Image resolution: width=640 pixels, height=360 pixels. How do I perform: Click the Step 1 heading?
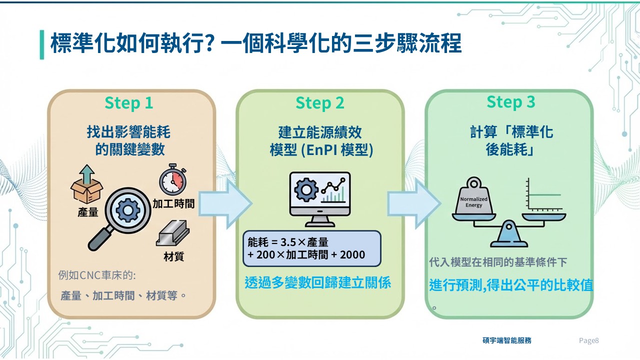pyautogui.click(x=128, y=103)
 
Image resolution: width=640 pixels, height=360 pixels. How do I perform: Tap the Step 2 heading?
pyautogui.click(x=320, y=103)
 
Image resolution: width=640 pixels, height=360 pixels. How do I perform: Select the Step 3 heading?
pyautogui.click(x=511, y=102)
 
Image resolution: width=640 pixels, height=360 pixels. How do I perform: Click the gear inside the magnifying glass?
pyautogui.click(x=127, y=210)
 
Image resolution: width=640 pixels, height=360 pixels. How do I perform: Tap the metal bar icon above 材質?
pyautogui.click(x=172, y=233)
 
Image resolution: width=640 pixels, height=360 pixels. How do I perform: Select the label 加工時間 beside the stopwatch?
pyautogui.click(x=173, y=203)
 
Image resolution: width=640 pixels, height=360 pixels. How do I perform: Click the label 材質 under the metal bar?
pyautogui.click(x=173, y=257)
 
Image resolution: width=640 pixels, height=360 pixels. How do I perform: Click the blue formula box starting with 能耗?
pyautogui.click(x=311, y=248)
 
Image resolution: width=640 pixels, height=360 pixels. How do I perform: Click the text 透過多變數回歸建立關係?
pyautogui.click(x=318, y=283)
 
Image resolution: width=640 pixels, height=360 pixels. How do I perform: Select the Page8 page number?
pyautogui.click(x=588, y=341)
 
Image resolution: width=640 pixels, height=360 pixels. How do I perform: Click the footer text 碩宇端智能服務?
pyautogui.click(x=506, y=340)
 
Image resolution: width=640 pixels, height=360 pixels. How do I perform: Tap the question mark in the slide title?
pyautogui.click(x=209, y=44)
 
